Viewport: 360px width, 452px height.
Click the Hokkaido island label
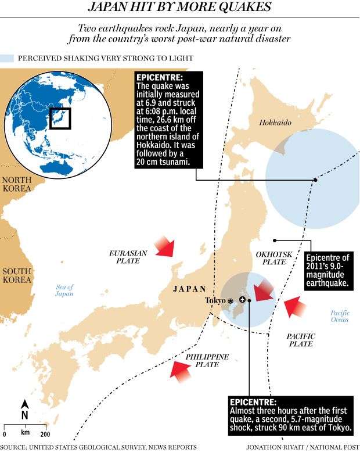(275, 123)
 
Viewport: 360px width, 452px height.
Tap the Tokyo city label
(216, 300)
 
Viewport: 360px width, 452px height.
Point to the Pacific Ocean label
(340, 316)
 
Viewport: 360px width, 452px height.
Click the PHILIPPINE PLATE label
(207, 360)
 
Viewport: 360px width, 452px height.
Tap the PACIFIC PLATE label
(301, 340)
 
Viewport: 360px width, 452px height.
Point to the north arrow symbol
(24, 411)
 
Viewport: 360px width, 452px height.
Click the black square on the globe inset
(60, 119)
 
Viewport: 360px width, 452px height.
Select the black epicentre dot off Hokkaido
(315, 180)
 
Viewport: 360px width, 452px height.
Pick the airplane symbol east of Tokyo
(242, 300)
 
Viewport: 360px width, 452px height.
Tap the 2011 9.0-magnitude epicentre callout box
(329, 271)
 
